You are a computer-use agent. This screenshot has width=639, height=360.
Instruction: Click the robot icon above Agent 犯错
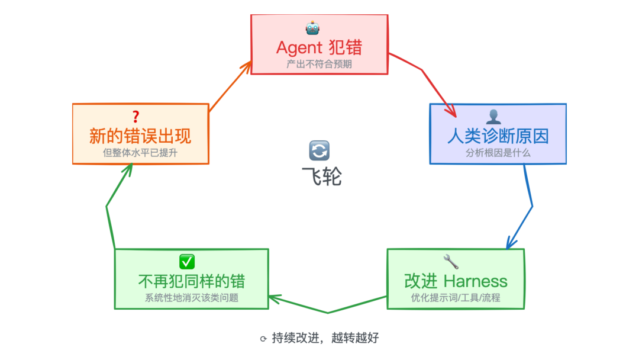(312, 28)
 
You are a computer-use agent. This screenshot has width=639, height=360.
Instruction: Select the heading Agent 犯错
(319, 47)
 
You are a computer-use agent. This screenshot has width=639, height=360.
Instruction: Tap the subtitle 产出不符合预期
(319, 64)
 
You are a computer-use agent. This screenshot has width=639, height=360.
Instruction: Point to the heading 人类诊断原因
(498, 136)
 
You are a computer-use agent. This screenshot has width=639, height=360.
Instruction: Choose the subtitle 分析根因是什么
(498, 152)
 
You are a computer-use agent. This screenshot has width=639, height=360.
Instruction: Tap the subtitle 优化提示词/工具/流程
(456, 297)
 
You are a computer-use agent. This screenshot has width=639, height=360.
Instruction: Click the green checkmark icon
(187, 261)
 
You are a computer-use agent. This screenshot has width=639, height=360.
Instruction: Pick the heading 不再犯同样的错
(192, 281)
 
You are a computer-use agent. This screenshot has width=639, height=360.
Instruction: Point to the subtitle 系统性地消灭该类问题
(192, 298)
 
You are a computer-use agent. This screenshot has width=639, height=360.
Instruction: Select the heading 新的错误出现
(140, 136)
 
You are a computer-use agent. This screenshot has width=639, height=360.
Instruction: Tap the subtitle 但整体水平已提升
(140, 152)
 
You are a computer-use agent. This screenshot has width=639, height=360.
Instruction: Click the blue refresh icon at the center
(319, 150)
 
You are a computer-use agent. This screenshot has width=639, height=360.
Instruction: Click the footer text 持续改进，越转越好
(325, 339)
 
